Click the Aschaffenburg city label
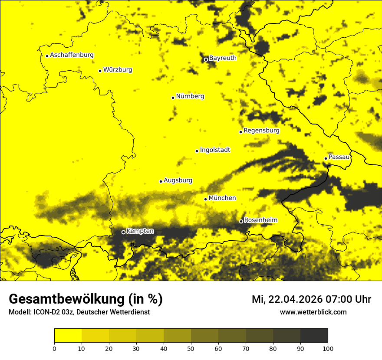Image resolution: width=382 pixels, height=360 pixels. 72,55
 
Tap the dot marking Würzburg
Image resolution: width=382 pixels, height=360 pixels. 100,71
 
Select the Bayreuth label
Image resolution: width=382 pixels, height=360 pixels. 223,58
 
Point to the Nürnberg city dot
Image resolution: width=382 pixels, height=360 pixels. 173,98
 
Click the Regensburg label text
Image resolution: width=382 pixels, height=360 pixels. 261,130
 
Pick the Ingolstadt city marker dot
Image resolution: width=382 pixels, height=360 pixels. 197,151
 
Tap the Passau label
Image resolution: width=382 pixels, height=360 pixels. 339,157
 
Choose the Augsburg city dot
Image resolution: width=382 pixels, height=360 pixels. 161,181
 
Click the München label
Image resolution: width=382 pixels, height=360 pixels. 222,198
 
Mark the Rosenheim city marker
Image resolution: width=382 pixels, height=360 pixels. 241,222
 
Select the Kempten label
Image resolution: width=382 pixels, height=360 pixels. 140,231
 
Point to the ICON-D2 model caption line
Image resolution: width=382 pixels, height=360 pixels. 79,312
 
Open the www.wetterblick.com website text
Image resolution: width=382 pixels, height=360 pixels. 313,312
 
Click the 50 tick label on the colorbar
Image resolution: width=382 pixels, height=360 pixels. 191,348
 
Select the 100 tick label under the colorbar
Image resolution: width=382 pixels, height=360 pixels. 327,348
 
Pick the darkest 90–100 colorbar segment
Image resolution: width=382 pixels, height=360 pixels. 314,336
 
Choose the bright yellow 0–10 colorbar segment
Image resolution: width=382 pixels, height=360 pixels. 68,336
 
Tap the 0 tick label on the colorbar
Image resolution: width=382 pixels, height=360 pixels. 54,348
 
